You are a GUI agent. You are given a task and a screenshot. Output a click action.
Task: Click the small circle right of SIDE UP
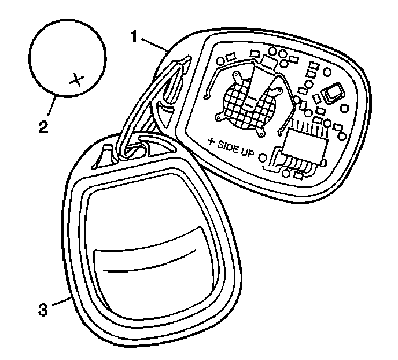click(264, 157)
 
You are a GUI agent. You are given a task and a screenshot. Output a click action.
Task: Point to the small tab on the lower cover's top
click(108, 153)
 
